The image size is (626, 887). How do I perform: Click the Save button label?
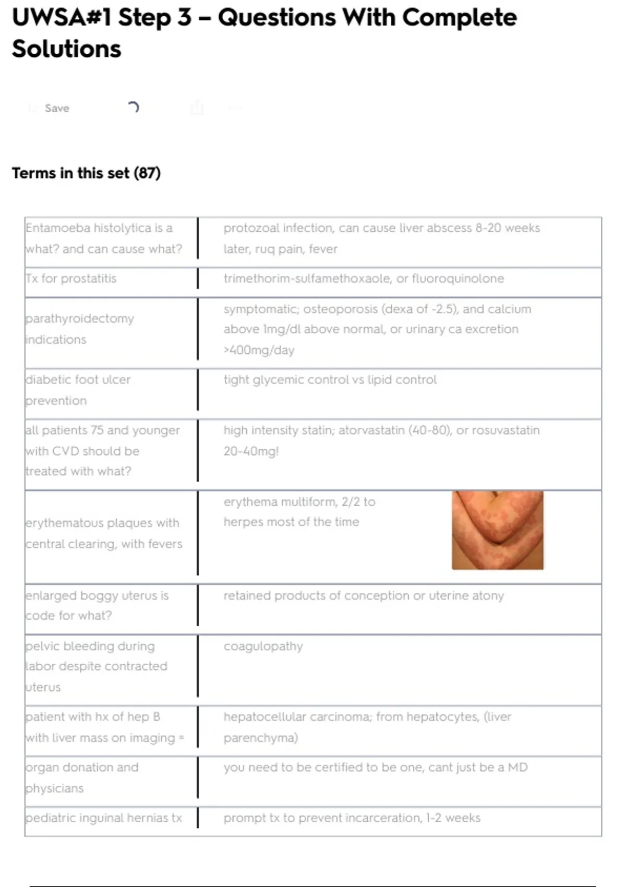pyautogui.click(x=57, y=108)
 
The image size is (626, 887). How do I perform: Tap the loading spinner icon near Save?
pyautogui.click(x=134, y=107)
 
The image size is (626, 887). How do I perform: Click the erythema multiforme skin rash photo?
pyautogui.click(x=497, y=530)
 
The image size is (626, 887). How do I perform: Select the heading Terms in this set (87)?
pyautogui.click(x=86, y=173)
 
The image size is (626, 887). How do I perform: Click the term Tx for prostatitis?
pyautogui.click(x=71, y=279)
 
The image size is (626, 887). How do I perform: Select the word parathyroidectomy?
pyautogui.click(x=80, y=319)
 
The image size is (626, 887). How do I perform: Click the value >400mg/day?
pyautogui.click(x=259, y=350)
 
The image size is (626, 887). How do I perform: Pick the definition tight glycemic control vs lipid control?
pyautogui.click(x=330, y=380)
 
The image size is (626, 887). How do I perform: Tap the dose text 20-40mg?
pyautogui.click(x=251, y=451)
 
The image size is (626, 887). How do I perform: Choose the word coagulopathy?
pyautogui.click(x=263, y=646)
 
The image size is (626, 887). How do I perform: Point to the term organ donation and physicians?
pyautogui.click(x=82, y=777)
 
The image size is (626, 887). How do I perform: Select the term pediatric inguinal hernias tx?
pyautogui.click(x=104, y=818)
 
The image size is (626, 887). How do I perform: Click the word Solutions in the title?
pyautogui.click(x=66, y=49)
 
